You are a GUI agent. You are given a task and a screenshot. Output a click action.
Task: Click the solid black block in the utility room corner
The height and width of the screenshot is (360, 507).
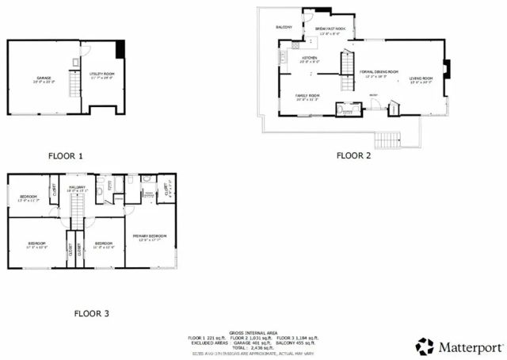pos(120,49)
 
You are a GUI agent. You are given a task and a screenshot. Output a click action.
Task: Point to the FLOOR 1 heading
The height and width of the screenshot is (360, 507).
pos(65,156)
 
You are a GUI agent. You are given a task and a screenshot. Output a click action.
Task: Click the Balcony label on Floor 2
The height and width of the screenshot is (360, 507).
pos(284,27)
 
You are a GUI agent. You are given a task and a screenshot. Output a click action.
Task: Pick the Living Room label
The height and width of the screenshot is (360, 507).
pos(421,79)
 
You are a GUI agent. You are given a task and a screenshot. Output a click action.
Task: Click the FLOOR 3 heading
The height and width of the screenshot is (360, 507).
pos(92,313)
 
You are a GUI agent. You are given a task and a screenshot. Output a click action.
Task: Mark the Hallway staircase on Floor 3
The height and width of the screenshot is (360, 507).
pos(77,210)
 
